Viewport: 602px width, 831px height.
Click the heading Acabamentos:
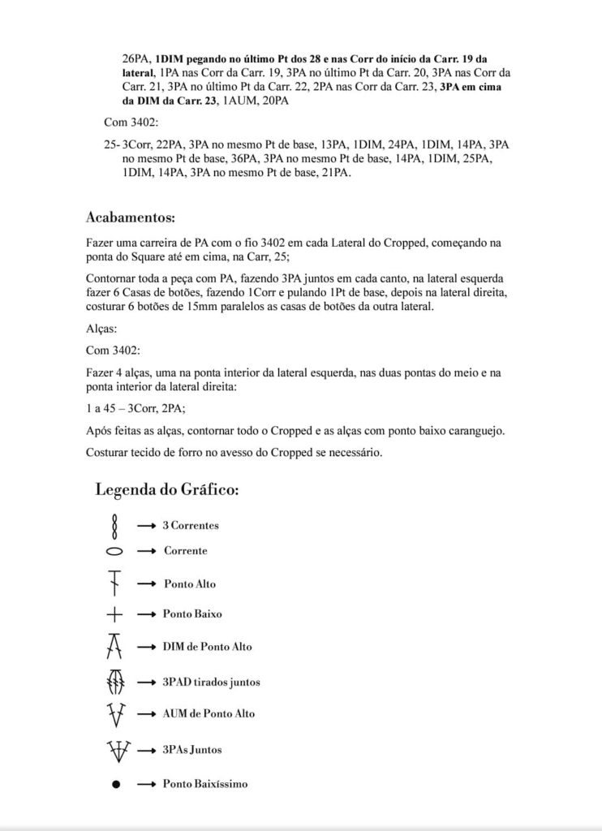point(130,217)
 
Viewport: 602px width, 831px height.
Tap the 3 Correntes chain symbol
point(114,526)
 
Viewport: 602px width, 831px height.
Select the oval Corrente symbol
point(114,552)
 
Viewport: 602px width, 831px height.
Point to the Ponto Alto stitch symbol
point(114,583)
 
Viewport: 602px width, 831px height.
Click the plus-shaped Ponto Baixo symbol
point(114,614)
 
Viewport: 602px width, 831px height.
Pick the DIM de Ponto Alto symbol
point(114,646)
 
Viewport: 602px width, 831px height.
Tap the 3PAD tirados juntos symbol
point(115,681)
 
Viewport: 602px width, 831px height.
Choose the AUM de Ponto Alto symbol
point(115,714)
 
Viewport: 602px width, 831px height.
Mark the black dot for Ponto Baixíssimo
point(115,785)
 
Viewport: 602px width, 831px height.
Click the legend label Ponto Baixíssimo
point(205,784)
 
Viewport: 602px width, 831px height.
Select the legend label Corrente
point(185,551)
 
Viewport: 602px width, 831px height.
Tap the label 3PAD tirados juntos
point(211,682)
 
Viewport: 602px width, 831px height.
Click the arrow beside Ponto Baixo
point(146,614)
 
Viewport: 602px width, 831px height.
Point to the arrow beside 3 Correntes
point(146,526)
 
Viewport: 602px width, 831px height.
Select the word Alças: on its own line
point(101,331)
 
